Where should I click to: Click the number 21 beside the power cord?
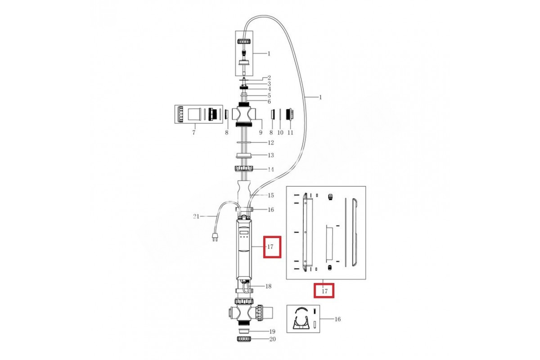(x=196, y=217)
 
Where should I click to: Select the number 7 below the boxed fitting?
(x=193, y=132)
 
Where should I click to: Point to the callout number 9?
(x=260, y=132)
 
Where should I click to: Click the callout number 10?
(x=280, y=132)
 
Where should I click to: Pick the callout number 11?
(x=290, y=132)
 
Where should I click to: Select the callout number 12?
(x=270, y=143)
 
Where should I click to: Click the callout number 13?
(x=270, y=155)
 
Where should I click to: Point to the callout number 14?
(x=270, y=170)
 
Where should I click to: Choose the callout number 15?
(x=270, y=195)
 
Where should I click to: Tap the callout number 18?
(x=268, y=286)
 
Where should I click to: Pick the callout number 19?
(x=272, y=331)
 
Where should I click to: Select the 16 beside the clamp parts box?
(x=337, y=319)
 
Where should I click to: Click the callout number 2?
(x=269, y=78)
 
